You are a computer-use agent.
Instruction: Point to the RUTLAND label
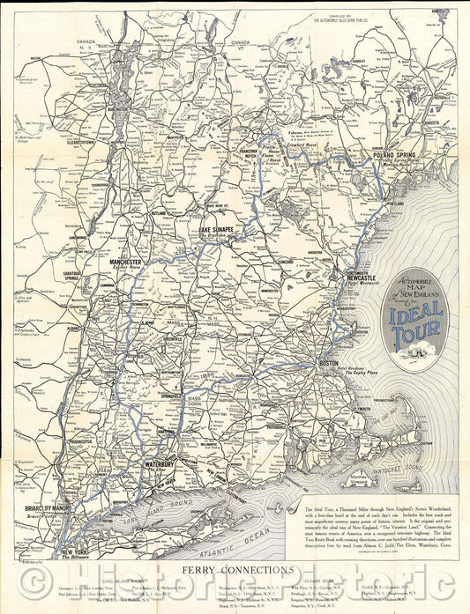[159, 212]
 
